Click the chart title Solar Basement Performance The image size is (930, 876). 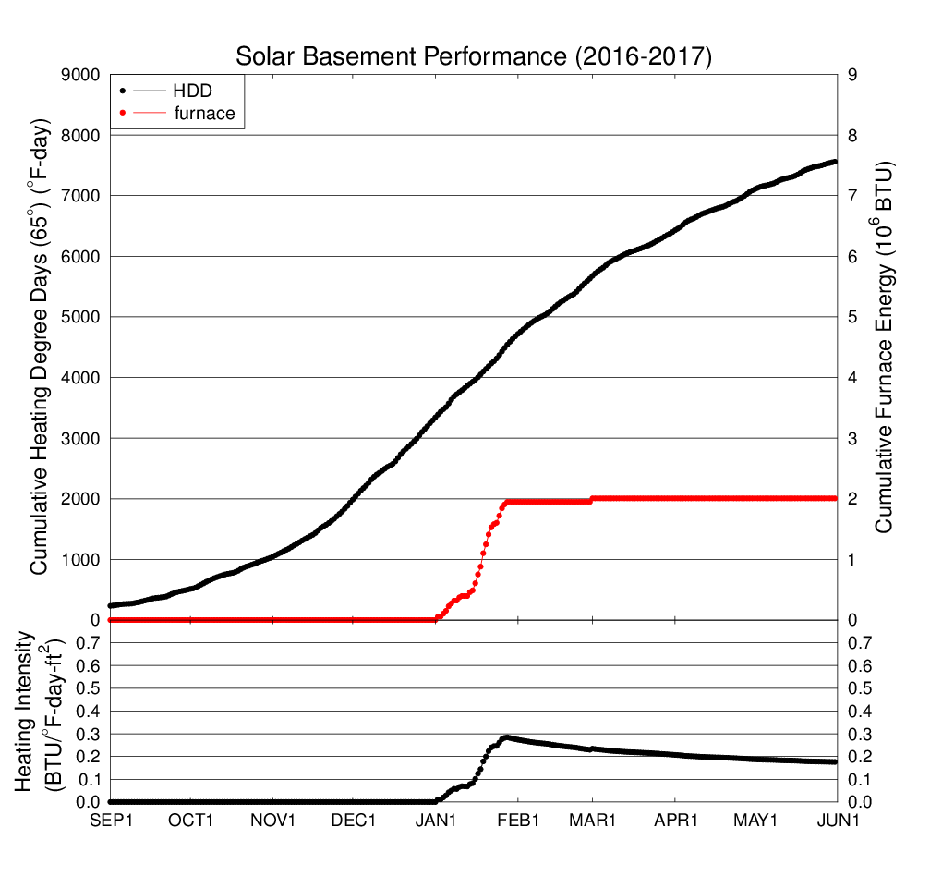tap(474, 56)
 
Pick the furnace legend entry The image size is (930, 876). tap(204, 114)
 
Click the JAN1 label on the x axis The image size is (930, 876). tap(435, 820)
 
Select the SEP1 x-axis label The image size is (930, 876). tap(110, 820)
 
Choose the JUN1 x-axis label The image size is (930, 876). tap(836, 820)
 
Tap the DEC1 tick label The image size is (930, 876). tap(354, 820)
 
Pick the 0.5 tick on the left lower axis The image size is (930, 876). tap(84, 688)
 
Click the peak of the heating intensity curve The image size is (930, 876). tap(505, 737)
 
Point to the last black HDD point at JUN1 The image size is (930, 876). tap(835, 162)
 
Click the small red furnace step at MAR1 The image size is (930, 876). tap(592, 499)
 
